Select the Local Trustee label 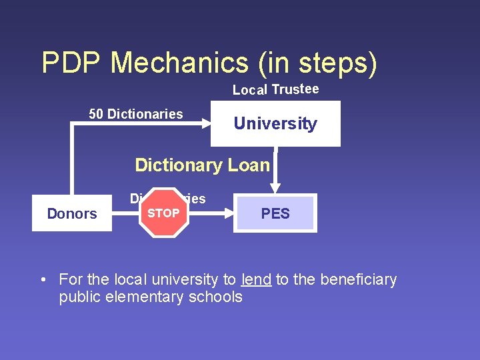pyautogui.click(x=275, y=89)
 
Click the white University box pyautogui.click(x=275, y=123)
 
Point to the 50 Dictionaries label pyautogui.click(x=136, y=114)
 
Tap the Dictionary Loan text pyautogui.click(x=202, y=165)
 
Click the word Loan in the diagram pyautogui.click(x=247, y=165)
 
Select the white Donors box pyautogui.click(x=72, y=213)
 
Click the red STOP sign pyautogui.click(x=163, y=213)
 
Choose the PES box pyautogui.click(x=275, y=213)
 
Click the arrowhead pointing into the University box pyautogui.click(x=205, y=124)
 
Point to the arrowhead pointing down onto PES pyautogui.click(x=275, y=189)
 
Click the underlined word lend pyautogui.click(x=257, y=279)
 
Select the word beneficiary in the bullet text pyautogui.click(x=358, y=279)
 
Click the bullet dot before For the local pyautogui.click(x=43, y=280)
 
